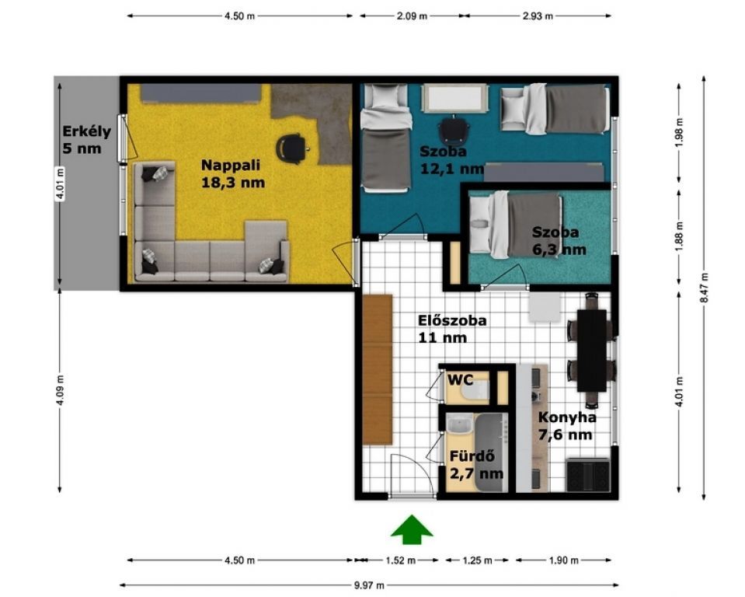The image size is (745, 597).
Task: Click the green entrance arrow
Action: (x=412, y=529)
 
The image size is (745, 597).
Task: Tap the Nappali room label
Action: (x=233, y=173)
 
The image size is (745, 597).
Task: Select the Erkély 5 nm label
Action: (x=86, y=140)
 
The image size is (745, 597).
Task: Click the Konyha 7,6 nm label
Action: (x=567, y=426)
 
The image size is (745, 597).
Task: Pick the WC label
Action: (x=461, y=380)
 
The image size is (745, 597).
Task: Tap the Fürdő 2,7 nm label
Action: (x=476, y=465)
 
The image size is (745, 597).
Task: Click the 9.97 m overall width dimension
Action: (x=369, y=585)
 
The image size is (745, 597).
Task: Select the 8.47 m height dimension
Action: (x=704, y=288)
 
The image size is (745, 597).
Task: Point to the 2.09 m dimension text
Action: (x=412, y=16)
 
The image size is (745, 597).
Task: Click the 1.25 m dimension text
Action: (x=478, y=560)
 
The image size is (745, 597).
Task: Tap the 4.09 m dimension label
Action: (x=60, y=391)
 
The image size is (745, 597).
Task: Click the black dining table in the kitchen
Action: (x=591, y=351)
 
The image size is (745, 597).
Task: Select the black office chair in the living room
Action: (x=292, y=148)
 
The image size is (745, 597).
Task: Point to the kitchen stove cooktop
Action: (x=588, y=475)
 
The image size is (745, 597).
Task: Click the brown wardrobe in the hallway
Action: (x=378, y=370)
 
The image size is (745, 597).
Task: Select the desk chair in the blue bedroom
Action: (x=454, y=129)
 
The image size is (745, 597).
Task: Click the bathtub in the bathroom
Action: (x=491, y=452)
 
